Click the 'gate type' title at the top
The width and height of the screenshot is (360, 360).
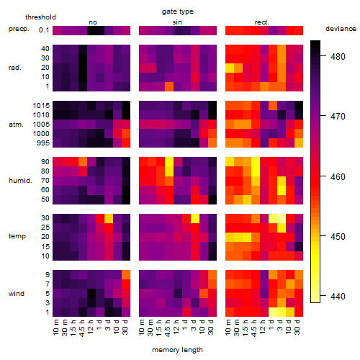pos(178,12)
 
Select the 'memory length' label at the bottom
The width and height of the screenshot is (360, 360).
pos(177,350)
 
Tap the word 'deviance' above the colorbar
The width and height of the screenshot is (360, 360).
pos(341,29)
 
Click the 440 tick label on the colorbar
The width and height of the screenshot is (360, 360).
pos(338,297)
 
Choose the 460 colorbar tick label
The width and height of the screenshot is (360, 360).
pos(338,177)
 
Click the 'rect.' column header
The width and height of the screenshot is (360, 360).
pos(262,22)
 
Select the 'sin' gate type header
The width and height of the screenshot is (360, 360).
pos(177,22)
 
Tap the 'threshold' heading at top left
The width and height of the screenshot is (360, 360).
pos(40,17)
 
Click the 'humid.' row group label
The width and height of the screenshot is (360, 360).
pos(20,181)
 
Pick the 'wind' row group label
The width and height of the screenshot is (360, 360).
pos(17,294)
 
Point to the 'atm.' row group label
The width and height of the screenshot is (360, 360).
pos(16,125)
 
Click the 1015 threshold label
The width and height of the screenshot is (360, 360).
pos(41,106)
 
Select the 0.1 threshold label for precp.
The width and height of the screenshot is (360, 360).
pos(44,30)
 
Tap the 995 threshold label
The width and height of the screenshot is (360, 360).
pos(43,143)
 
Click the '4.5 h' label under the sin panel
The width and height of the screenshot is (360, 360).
pos(168,328)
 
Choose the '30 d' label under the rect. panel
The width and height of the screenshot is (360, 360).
pos(297,327)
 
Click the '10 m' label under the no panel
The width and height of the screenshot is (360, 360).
pos(55,328)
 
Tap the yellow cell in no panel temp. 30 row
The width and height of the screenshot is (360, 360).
pos(109,218)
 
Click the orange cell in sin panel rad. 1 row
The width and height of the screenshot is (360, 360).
pos(169,86)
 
